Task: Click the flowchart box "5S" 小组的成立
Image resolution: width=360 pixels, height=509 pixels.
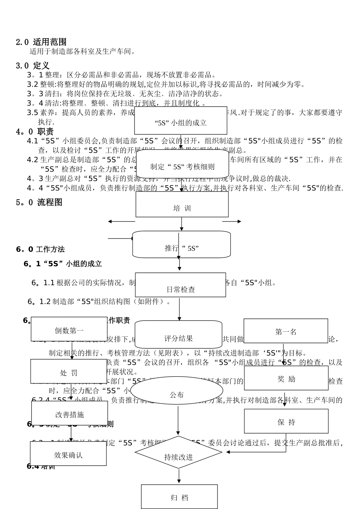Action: pos(181,121)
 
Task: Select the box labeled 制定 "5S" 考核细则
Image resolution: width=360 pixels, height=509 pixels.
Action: pos(182,165)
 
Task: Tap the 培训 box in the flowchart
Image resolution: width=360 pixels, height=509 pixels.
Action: pos(182,205)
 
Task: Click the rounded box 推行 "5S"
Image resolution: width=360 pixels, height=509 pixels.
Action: pos(182,245)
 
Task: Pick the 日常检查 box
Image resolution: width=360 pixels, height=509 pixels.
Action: pos(180,285)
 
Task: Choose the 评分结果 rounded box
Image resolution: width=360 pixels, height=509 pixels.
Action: pos(178,334)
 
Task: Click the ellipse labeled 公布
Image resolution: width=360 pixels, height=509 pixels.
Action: pos(177,390)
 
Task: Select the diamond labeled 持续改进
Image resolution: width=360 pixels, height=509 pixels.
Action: pos(178,453)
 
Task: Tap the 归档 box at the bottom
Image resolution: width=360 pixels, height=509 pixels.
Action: pos(179,497)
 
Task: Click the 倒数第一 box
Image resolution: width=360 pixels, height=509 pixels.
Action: pos(69,329)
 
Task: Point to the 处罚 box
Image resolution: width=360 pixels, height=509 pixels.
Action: pos(69,371)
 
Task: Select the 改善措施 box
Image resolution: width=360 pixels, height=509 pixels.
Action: pos(69,413)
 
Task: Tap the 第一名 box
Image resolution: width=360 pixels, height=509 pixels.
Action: pos(286,331)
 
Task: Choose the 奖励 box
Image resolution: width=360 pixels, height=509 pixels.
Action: pos(286,378)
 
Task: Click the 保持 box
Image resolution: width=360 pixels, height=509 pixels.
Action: pos(286,421)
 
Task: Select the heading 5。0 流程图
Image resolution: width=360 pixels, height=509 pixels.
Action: pos(39,202)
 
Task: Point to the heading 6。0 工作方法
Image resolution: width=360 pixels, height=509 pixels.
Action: pos(40,249)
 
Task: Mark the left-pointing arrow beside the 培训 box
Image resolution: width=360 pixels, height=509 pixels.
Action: pos(121,222)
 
